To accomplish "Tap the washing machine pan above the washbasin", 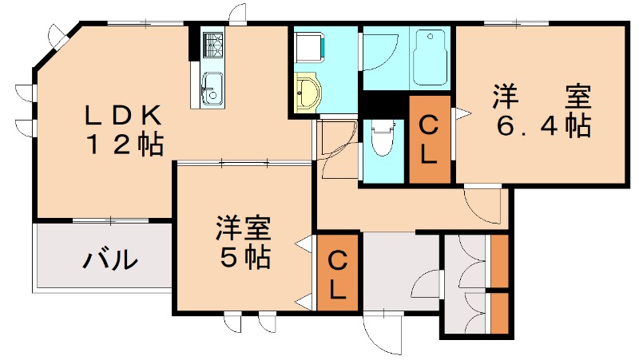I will coord(308,46).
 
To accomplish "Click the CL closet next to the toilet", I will coord(429,140).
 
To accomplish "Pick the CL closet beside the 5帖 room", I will coord(338,273).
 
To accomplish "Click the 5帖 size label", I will coord(244,257).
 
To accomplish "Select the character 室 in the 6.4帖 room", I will coord(577,98).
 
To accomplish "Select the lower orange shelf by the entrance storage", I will coord(499,314).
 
